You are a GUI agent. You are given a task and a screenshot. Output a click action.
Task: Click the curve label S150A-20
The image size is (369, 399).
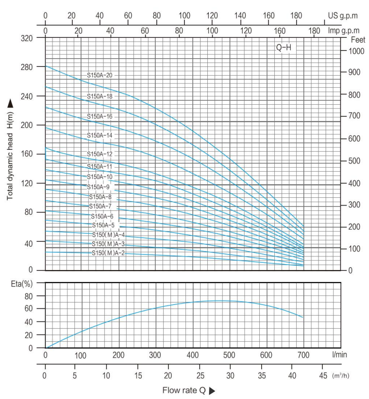100,75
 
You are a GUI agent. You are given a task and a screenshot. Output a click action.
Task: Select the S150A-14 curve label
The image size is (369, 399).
100,135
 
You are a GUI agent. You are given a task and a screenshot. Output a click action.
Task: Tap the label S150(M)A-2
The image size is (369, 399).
108,253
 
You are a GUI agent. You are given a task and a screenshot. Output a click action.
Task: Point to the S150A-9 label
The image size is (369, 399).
98,187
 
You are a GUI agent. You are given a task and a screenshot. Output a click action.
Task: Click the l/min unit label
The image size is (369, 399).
340,355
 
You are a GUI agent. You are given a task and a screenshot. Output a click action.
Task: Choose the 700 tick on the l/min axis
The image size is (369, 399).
304,355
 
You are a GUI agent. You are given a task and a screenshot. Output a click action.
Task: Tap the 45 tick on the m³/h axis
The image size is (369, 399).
322,375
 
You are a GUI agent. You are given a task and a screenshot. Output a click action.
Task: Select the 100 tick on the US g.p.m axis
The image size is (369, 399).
184,16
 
